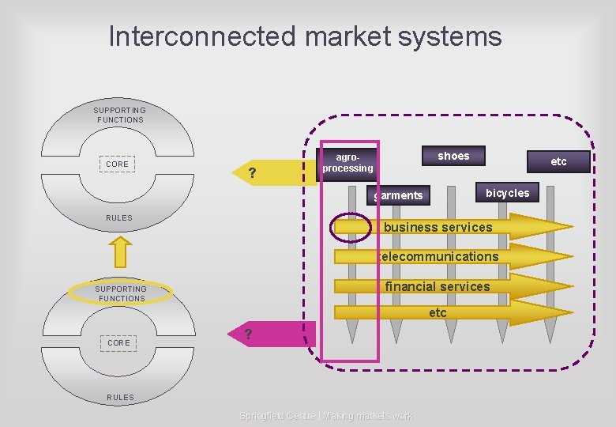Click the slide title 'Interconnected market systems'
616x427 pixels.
[305, 36]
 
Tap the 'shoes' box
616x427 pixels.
[453, 156]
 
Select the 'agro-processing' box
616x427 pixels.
[347, 163]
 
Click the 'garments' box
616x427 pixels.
[399, 195]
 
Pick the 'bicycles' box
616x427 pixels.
[507, 193]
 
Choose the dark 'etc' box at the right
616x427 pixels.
[558, 161]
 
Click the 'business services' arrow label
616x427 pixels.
[438, 228]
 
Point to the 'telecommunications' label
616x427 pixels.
[438, 256]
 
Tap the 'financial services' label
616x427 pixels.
[437, 286]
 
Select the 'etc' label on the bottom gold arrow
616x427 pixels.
[438, 313]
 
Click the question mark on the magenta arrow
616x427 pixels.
[248, 334]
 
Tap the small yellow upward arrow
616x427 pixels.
[120, 251]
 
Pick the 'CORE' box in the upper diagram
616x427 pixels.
[117, 164]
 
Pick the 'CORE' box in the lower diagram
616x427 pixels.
[118, 343]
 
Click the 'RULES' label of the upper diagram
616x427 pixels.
[119, 217]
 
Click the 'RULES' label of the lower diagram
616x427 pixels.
[120, 397]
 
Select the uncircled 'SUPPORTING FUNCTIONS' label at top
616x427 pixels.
[120, 115]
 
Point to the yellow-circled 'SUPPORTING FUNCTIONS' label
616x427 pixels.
[121, 293]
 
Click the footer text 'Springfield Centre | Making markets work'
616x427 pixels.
[325, 416]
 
